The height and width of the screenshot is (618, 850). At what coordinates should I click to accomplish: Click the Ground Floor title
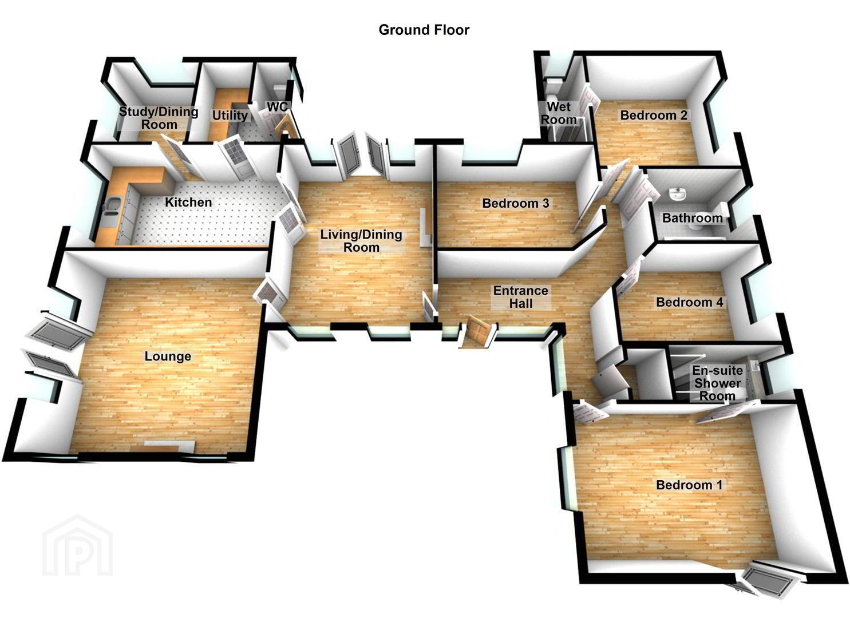point(424,30)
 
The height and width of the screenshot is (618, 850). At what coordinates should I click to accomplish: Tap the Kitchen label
point(188,202)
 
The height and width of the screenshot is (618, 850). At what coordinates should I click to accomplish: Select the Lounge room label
point(168,356)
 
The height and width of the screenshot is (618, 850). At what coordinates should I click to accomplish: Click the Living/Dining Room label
point(361,241)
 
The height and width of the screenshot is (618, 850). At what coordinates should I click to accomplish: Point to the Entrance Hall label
point(521,297)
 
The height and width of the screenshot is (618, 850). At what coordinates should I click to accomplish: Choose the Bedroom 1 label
point(689,485)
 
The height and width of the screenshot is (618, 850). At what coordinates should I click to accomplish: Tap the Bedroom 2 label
point(654,116)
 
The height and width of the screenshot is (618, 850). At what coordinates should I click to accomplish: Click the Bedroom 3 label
point(515,203)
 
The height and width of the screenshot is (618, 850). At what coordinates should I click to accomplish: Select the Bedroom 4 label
point(690,302)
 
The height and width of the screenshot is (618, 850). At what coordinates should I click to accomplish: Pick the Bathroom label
point(693,218)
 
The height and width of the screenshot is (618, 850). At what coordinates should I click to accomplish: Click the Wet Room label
point(559,113)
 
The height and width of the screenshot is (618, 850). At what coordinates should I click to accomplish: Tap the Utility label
point(230,116)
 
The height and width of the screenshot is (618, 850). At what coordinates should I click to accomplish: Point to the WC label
point(278,107)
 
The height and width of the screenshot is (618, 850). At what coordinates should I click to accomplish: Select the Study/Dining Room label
point(159,118)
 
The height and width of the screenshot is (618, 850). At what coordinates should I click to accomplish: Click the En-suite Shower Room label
point(717,383)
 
